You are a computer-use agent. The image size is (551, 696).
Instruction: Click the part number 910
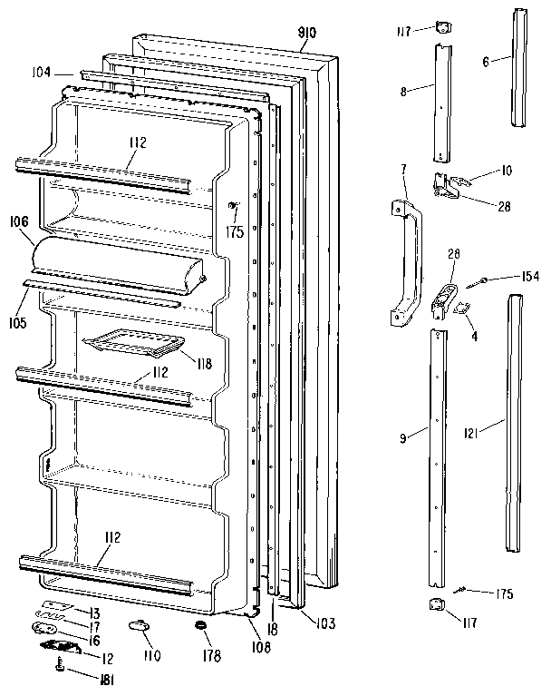[x=306, y=34]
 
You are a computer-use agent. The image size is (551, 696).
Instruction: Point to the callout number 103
[x=325, y=622]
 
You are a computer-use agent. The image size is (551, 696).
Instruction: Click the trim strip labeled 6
[x=519, y=68]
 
